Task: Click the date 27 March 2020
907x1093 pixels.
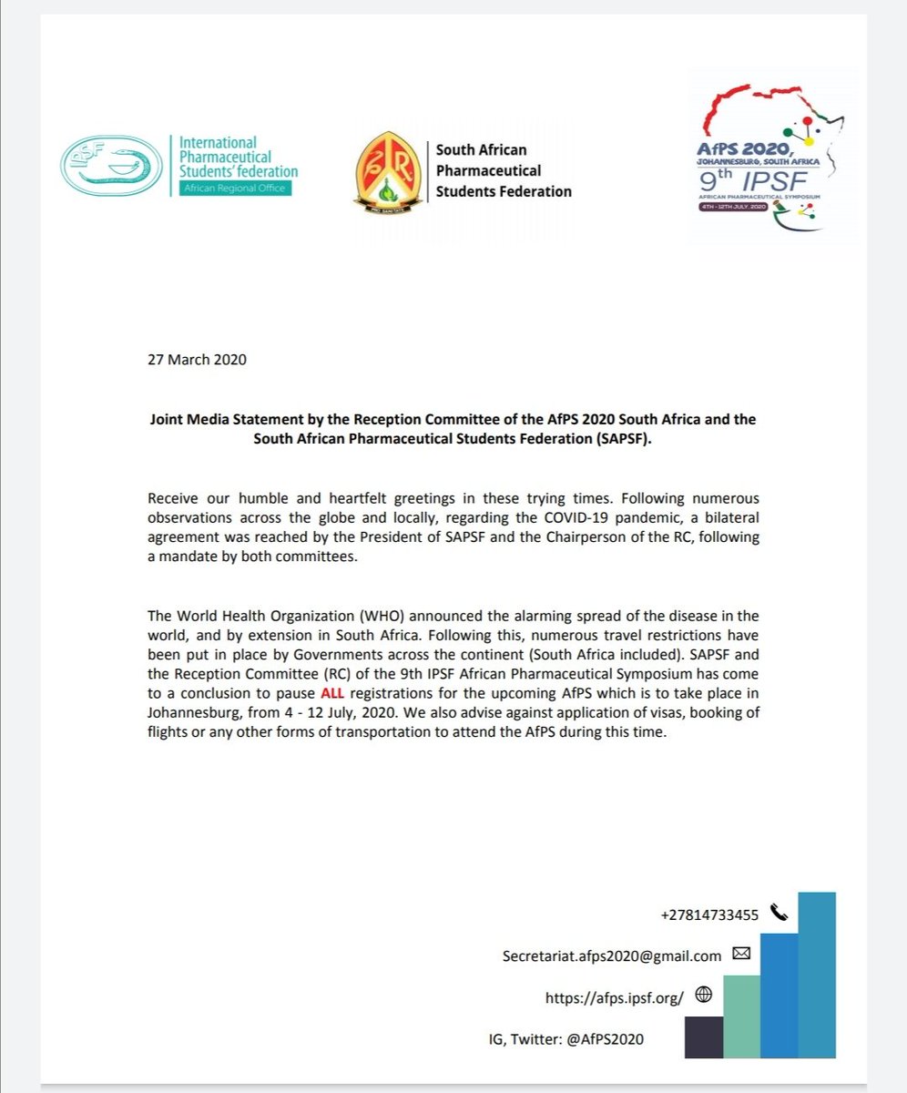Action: tap(196, 359)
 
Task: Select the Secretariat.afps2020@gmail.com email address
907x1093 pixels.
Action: tap(611, 955)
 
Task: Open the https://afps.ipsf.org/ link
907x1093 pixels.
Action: tap(614, 997)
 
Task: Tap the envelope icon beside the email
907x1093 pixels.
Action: tap(740, 955)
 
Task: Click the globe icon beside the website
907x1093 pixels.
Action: tap(702, 996)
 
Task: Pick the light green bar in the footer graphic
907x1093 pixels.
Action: tap(741, 1016)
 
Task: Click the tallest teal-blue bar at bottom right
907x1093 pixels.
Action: tap(817, 975)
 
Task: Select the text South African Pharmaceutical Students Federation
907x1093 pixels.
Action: tap(503, 170)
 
